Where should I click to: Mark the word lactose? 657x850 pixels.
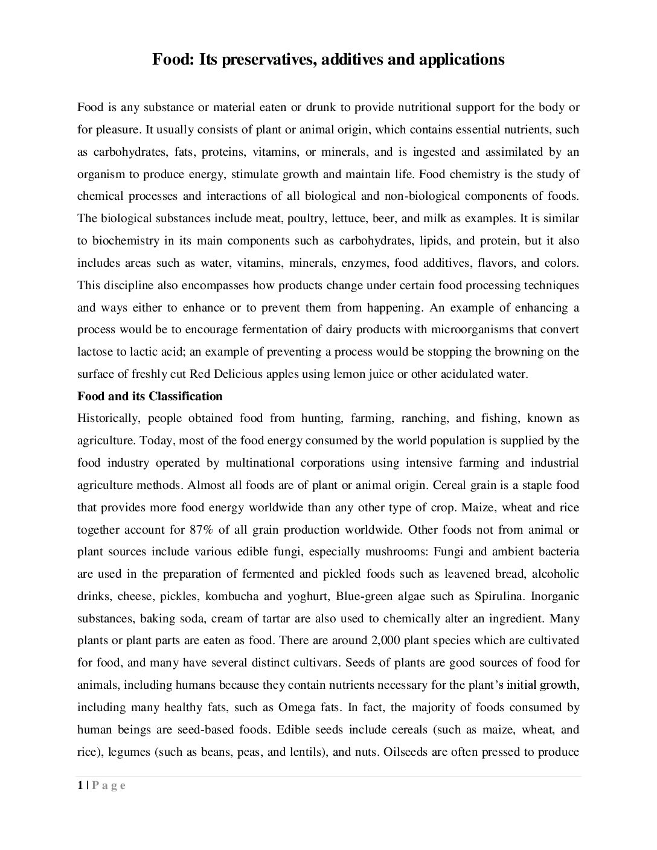(x=97, y=351)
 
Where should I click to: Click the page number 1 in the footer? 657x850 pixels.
(x=80, y=785)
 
